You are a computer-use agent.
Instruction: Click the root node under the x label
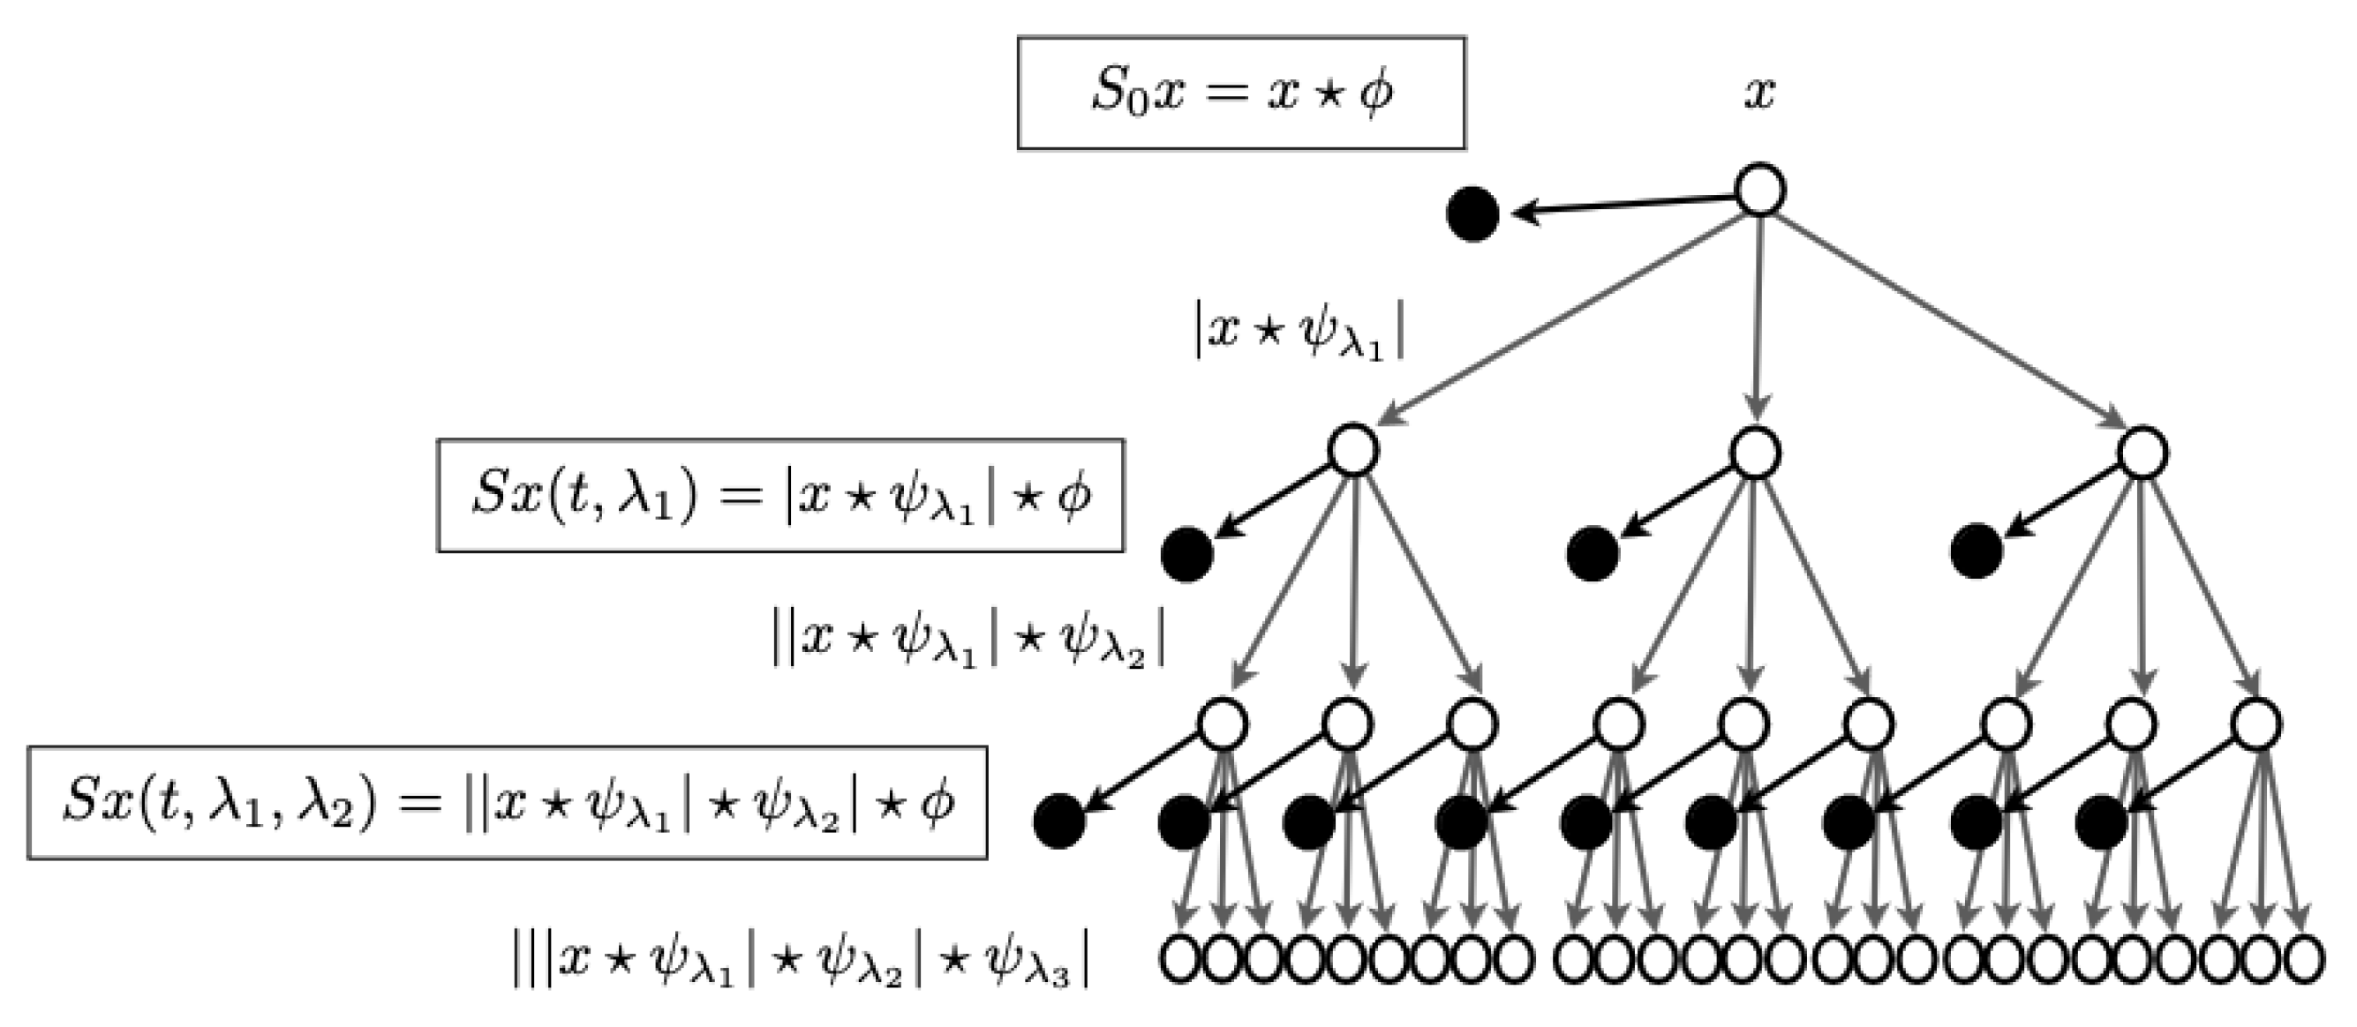click(x=1759, y=191)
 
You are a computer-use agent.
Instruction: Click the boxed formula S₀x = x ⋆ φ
click(x=1240, y=94)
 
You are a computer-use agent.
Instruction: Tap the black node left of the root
click(x=1472, y=214)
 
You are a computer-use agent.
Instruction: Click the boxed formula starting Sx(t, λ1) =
click(x=780, y=496)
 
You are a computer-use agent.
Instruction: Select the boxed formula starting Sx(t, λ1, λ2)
click(x=507, y=803)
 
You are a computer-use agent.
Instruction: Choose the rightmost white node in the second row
click(x=2142, y=453)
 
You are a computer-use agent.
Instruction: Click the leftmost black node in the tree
click(x=1059, y=821)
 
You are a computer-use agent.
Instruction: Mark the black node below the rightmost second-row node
click(x=1977, y=551)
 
